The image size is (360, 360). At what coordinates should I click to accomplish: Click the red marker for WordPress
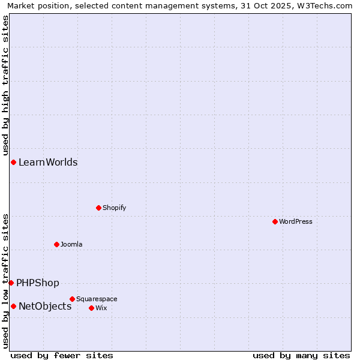[x=275, y=221]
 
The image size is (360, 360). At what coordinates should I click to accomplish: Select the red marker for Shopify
[x=98, y=208]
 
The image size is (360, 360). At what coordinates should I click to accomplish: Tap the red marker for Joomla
[x=56, y=244]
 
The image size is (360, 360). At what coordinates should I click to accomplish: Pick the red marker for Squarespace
[x=72, y=299]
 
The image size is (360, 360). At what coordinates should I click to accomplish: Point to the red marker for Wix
[x=91, y=308]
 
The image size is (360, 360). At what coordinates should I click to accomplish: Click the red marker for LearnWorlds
[x=13, y=162]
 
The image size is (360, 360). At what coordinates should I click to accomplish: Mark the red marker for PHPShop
[x=11, y=283]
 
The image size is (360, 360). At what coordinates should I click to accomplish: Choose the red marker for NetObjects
[x=13, y=306]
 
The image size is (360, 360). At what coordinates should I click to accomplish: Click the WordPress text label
[x=296, y=221]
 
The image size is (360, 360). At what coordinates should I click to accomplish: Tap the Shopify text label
[x=114, y=208]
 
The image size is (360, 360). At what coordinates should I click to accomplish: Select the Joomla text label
[x=71, y=244]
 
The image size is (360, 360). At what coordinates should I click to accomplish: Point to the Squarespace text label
[x=97, y=299]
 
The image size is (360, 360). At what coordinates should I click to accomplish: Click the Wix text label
[x=101, y=308]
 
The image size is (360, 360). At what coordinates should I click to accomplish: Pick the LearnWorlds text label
[x=48, y=162]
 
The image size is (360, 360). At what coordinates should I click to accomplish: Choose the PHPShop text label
[x=38, y=283]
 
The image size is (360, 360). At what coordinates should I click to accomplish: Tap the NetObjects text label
[x=45, y=306]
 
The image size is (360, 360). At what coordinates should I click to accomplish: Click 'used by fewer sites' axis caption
[x=62, y=355]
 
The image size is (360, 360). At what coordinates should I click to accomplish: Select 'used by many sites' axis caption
[x=301, y=355]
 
